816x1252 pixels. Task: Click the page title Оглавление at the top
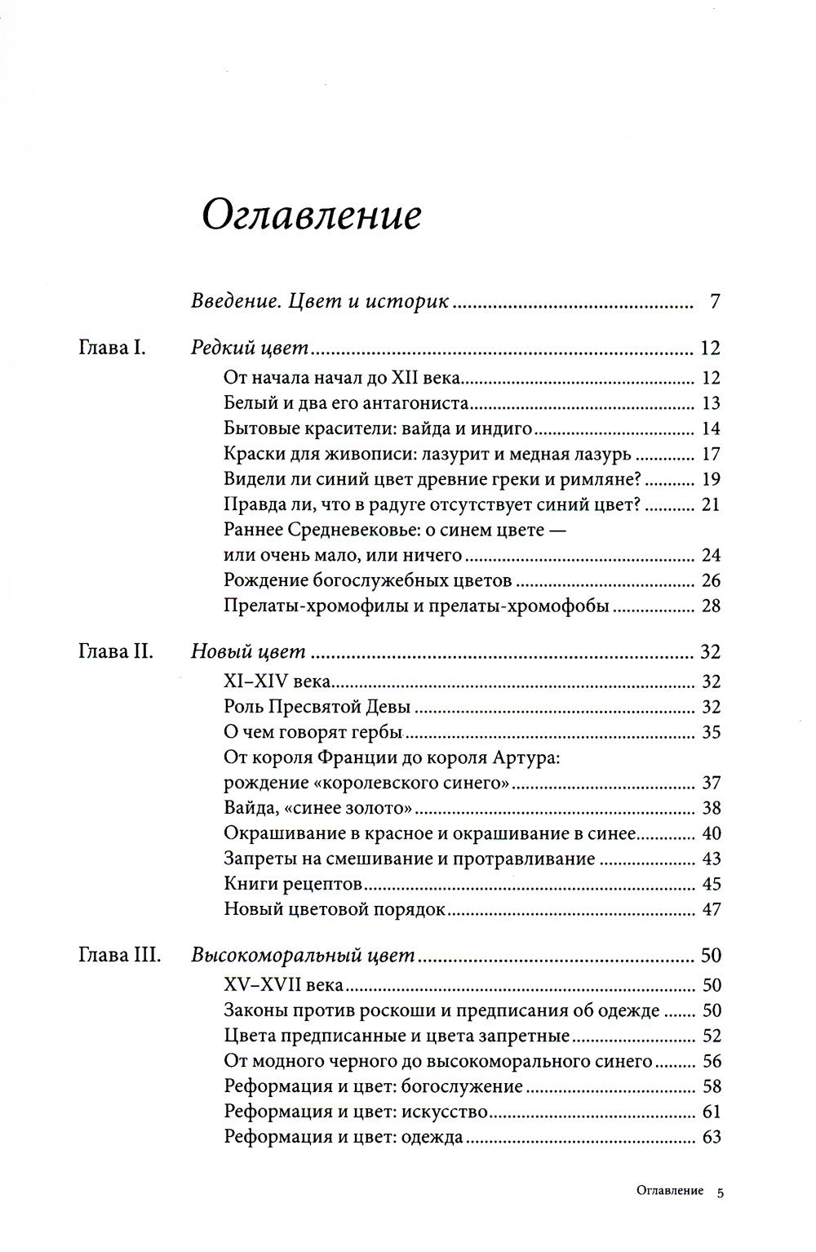(312, 216)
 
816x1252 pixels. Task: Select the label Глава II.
(114, 651)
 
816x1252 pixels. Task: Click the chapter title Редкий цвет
(249, 348)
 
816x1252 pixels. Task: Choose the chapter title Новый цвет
(247, 651)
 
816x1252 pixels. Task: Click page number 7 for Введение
(715, 302)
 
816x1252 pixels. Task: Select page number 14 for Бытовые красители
(711, 428)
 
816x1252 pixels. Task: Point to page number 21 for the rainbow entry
(711, 504)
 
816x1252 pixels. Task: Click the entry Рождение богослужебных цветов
(367, 581)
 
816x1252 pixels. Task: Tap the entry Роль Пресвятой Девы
(317, 707)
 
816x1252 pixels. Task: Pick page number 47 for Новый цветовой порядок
(711, 909)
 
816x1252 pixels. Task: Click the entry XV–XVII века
(283, 985)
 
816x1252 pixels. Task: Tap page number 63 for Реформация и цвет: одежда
(711, 1136)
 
